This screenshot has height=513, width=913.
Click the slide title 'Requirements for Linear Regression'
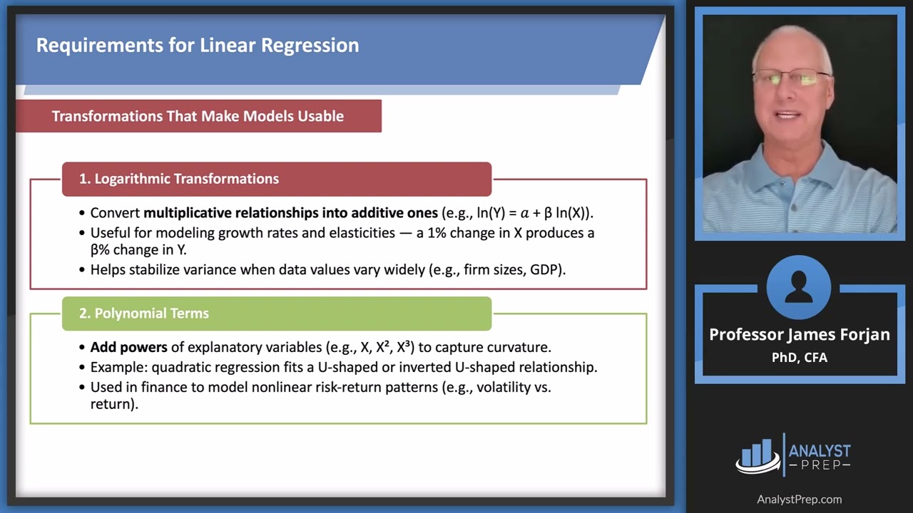pyautogui.click(x=198, y=46)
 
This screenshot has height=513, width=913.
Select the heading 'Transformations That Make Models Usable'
pyautogui.click(x=198, y=116)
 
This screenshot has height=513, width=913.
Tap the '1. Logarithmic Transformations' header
pyautogui.click(x=178, y=179)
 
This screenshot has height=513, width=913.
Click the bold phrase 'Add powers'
pyautogui.click(x=128, y=348)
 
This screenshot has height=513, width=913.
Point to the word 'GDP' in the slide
pyautogui.click(x=545, y=270)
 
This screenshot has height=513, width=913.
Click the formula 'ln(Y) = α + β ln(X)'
pyautogui.click(x=532, y=213)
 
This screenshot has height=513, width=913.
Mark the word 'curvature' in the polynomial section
pyautogui.click(x=520, y=348)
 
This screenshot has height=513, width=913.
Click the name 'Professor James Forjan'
pyautogui.click(x=799, y=335)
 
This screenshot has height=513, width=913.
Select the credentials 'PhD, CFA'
pyautogui.click(x=799, y=358)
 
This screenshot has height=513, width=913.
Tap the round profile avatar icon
pyautogui.click(x=799, y=289)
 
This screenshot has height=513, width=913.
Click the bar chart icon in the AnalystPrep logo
pyautogui.click(x=758, y=455)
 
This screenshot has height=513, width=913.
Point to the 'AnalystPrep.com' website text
pyautogui.click(x=799, y=499)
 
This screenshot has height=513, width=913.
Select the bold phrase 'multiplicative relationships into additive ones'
pyautogui.click(x=290, y=213)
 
